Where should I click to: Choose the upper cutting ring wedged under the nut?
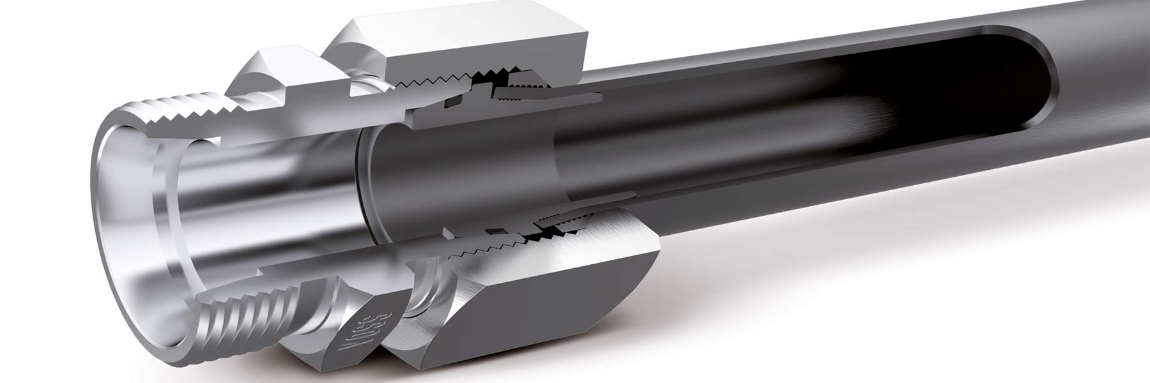[x=524, y=94]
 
